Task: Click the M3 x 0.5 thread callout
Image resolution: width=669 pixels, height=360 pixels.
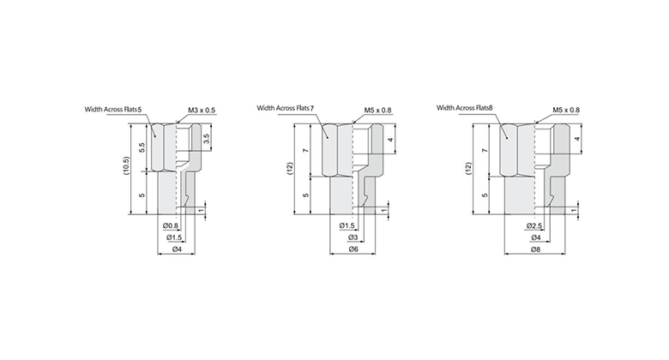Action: coord(201,110)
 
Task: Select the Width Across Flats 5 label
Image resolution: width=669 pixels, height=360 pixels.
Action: coord(113,110)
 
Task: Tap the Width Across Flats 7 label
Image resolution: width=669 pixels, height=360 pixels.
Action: coord(286,108)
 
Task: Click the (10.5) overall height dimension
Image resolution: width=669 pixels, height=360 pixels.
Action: coord(127,166)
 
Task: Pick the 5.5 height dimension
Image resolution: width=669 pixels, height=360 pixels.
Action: coord(142,147)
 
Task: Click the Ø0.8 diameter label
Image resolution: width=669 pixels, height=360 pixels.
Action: coord(171,225)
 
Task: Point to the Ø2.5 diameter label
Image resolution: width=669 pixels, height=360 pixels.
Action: coord(534,225)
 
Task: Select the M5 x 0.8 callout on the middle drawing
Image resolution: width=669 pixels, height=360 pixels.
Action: coord(377,110)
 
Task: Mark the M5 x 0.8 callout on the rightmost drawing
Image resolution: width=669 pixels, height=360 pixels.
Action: coord(566,110)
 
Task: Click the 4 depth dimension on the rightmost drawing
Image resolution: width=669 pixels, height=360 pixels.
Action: coord(578,138)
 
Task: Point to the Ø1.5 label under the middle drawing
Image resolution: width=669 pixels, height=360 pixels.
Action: coord(347,225)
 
